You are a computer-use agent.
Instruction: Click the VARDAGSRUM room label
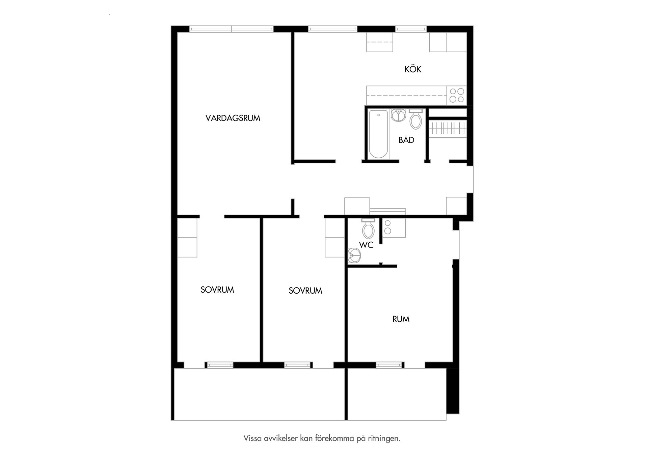click(x=233, y=118)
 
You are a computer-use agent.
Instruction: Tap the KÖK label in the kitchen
click(x=413, y=69)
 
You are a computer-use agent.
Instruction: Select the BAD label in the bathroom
click(x=406, y=140)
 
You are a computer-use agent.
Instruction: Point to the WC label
click(x=366, y=245)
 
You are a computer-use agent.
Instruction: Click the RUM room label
click(x=401, y=319)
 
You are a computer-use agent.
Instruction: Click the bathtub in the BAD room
click(x=378, y=134)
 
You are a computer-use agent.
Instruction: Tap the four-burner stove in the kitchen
click(x=457, y=95)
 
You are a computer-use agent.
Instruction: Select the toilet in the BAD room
click(x=415, y=119)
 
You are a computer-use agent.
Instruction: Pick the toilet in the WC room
click(x=368, y=228)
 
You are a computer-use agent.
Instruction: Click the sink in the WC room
click(x=354, y=255)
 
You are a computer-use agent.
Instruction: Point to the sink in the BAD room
click(x=399, y=115)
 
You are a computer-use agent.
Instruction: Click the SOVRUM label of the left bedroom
click(x=217, y=290)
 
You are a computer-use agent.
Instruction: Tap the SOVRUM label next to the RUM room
click(x=305, y=291)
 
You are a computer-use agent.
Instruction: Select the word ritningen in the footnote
click(x=383, y=438)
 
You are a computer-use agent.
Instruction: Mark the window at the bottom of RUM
click(x=390, y=365)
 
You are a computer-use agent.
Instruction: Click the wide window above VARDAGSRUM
click(x=231, y=29)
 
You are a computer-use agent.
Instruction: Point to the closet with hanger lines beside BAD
click(x=448, y=128)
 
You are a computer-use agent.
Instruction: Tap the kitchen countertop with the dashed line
click(x=407, y=95)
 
